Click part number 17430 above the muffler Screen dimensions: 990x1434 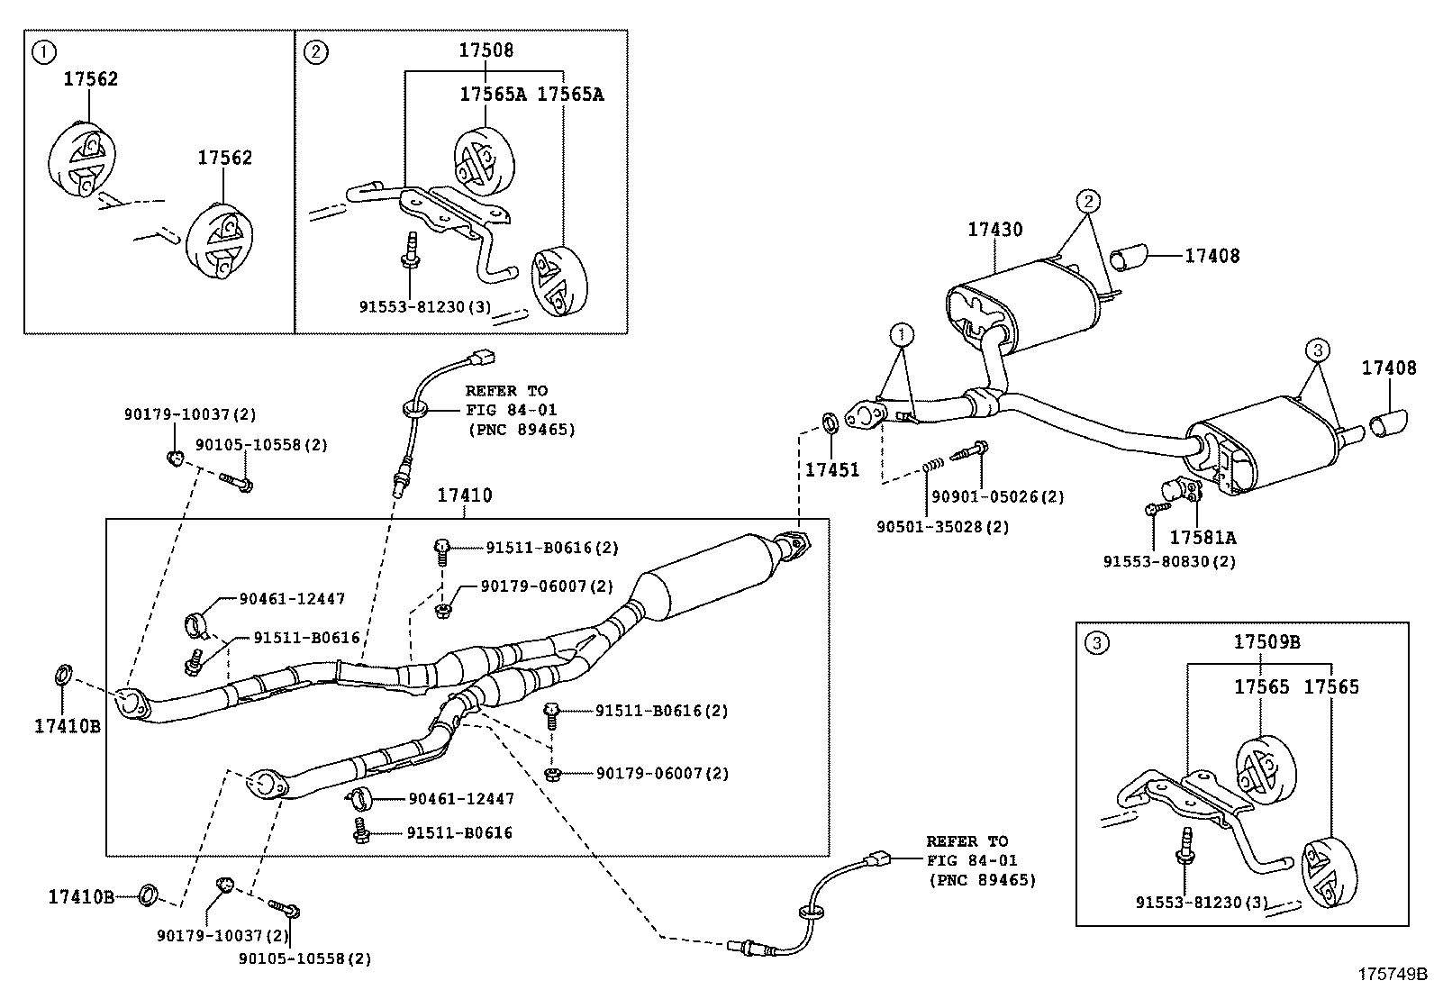click(x=995, y=230)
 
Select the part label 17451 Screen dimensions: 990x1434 click(x=831, y=469)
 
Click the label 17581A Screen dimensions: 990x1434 click(x=1203, y=538)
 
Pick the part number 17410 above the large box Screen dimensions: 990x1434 click(x=465, y=495)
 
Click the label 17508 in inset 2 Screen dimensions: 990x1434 click(x=486, y=50)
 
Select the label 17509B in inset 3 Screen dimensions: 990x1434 click(x=1266, y=642)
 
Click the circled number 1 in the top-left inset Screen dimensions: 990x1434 click(x=41, y=51)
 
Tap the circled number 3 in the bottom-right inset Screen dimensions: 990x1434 click(x=1095, y=642)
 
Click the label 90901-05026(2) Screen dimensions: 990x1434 click(x=997, y=496)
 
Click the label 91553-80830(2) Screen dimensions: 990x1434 click(x=1169, y=561)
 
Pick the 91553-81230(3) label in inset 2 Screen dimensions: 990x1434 click(x=425, y=306)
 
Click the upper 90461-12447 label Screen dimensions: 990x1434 click(x=292, y=598)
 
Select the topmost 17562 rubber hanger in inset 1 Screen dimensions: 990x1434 click(x=82, y=160)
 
